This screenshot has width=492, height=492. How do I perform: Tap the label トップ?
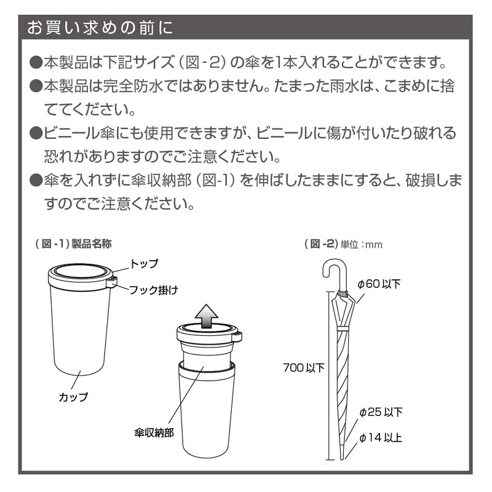click(144, 264)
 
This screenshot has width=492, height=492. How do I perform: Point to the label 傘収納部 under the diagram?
click(153, 432)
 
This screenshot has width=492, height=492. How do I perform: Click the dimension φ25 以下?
click(381, 412)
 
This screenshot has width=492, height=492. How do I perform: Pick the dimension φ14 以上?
click(381, 438)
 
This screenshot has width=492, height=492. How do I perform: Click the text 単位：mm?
click(363, 245)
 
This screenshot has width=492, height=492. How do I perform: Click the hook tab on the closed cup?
click(112, 282)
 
